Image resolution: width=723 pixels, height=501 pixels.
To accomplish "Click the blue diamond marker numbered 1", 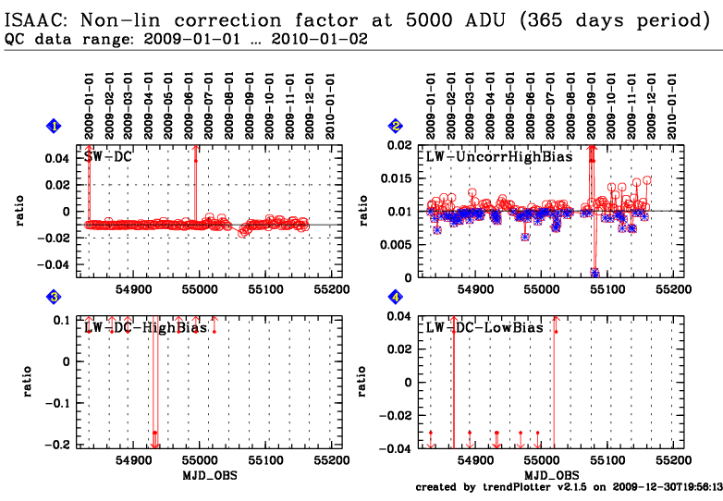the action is [54, 126].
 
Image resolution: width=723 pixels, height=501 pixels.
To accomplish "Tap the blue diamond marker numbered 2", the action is [396, 126].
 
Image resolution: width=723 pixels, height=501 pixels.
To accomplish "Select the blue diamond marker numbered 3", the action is [54, 298].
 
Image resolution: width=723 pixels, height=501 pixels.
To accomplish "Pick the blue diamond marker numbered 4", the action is [396, 298].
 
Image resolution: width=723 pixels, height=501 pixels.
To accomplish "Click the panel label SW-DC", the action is [108, 157].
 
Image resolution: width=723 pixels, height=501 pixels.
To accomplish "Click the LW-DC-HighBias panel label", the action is [146, 327].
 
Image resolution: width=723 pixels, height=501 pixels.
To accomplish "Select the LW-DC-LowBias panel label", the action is [484, 327].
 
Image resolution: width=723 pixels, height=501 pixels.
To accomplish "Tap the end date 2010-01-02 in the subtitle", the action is [320, 39].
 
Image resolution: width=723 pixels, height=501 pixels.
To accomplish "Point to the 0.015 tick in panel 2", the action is [396, 178].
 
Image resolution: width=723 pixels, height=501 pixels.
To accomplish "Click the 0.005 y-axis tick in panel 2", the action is [396, 244].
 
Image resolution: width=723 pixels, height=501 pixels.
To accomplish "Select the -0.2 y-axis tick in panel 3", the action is [57, 445].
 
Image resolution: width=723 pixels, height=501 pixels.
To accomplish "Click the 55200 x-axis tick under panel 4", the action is [674, 460].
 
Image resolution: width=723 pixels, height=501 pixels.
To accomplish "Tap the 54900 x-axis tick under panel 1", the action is [134, 289].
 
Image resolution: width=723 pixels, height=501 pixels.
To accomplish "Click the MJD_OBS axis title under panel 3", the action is [210, 475].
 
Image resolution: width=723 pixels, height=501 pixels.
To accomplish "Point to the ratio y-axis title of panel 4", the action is [362, 382].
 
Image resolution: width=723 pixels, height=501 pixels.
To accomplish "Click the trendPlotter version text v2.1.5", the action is [571, 487].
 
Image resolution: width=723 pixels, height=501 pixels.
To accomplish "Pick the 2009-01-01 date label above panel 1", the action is [89, 106].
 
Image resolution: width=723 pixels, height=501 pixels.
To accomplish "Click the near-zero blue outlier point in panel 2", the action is [594, 273].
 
